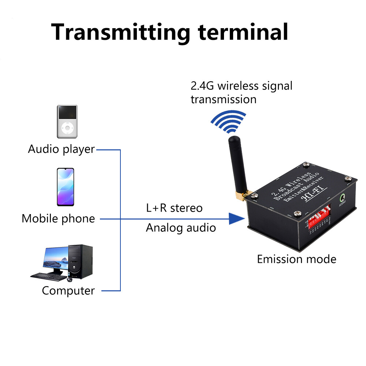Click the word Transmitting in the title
coord(121,32)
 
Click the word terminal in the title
coord(243,31)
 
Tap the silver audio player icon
coord(67,122)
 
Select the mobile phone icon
coord(65,187)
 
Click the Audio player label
coord(61,149)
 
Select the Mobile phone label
coord(58,219)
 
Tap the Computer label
coord(68,291)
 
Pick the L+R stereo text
coord(174,208)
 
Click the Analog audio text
coord(181,228)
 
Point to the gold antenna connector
coord(242,196)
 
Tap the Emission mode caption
coord(296,259)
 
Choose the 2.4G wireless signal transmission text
coord(242,92)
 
